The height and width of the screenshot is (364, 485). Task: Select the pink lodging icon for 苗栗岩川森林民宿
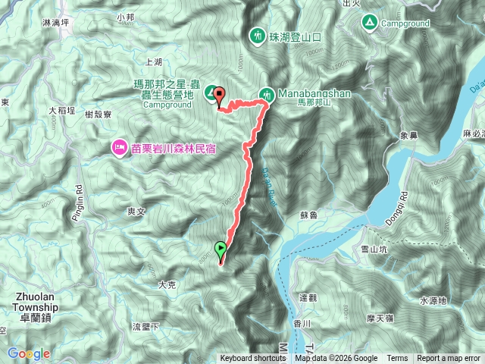[x=120, y=146]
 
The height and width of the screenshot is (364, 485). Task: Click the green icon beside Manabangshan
[x=267, y=94]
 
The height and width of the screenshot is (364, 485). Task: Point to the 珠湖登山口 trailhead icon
[x=257, y=35]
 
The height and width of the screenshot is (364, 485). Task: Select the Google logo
[x=29, y=353]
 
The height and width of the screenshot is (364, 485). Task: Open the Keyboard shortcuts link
[x=253, y=359]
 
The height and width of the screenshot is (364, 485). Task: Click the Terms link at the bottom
[x=397, y=359]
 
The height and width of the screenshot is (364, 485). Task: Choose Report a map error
[x=449, y=359]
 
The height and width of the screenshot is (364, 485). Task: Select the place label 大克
[x=167, y=285]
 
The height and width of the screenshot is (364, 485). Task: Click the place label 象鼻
[x=408, y=137]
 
